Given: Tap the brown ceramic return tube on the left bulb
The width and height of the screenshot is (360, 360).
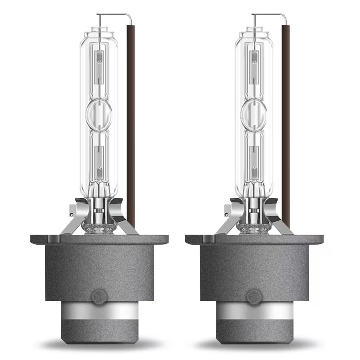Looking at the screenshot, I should (131, 120).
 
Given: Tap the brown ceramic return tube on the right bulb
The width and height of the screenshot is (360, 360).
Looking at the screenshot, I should (286, 120).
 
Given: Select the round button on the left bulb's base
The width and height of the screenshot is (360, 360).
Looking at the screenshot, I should (98, 297).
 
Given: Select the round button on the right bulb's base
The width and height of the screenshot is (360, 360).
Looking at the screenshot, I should (253, 297).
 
